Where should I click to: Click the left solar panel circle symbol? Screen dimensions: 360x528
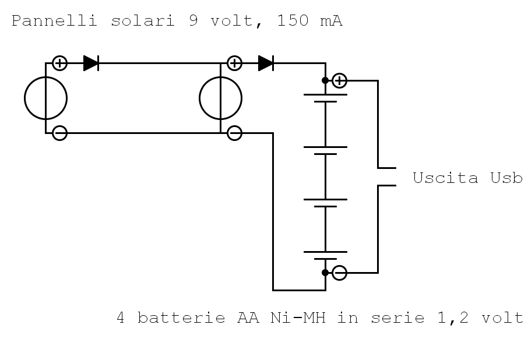(45, 98)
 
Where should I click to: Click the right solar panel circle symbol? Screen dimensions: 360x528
(220, 98)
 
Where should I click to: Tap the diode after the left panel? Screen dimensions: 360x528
(91, 63)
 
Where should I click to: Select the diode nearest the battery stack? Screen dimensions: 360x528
(266, 63)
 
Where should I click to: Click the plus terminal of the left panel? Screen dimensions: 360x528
(59, 63)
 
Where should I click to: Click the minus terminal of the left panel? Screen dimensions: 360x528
(59, 133)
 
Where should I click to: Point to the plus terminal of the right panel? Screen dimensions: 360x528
(234, 63)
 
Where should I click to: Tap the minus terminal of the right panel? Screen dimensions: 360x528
(234, 133)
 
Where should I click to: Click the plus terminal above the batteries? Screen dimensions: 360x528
(339, 80)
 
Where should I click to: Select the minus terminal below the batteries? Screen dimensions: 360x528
(339, 272)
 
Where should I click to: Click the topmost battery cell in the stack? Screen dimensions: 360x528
(325, 98)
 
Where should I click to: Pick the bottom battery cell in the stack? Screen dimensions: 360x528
(325, 255)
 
